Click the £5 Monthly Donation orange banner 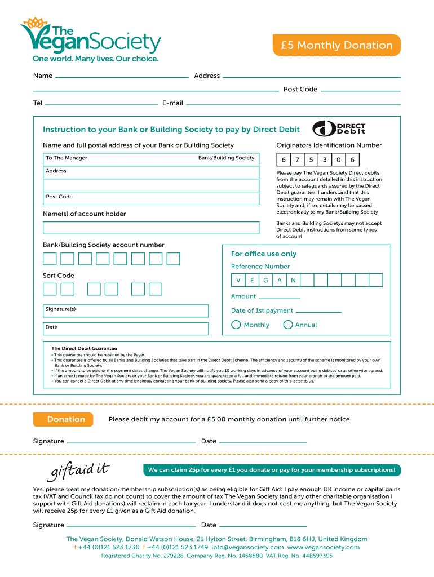click(336, 46)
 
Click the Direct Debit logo click(339, 128)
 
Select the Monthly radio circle click(236, 325)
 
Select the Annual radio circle click(288, 325)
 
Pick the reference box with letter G click(265, 280)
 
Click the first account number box click(50, 259)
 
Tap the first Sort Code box click(50, 289)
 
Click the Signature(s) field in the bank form click(126, 311)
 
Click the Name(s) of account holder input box click(152, 228)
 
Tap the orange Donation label click(66, 419)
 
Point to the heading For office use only click(264, 254)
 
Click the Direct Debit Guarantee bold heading click(84, 348)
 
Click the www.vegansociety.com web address click(324, 547)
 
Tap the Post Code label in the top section click(300, 90)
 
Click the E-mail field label click(172, 103)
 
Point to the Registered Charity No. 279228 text click(142, 556)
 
